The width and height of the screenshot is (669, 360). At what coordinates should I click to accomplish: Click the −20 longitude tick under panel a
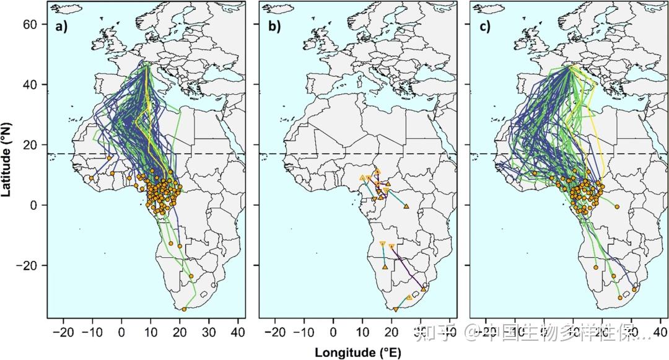tap(64, 333)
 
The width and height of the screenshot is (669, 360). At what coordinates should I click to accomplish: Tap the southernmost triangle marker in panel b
tap(396, 309)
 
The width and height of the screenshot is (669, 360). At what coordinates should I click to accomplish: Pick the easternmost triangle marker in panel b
tap(424, 289)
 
